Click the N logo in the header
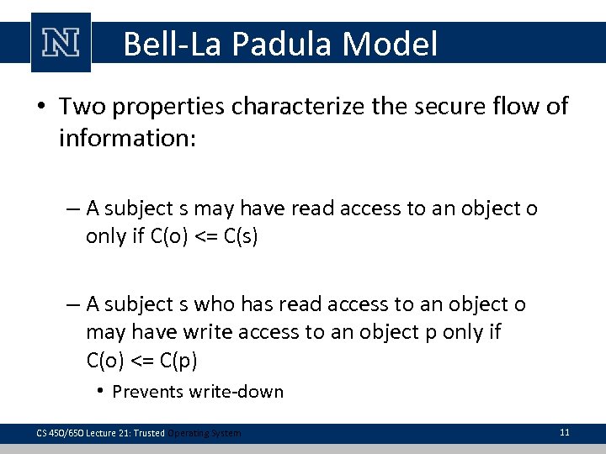click(x=60, y=43)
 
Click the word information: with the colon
click(x=126, y=137)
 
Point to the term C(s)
click(x=237, y=237)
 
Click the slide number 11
click(x=564, y=432)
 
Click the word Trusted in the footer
click(x=148, y=433)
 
